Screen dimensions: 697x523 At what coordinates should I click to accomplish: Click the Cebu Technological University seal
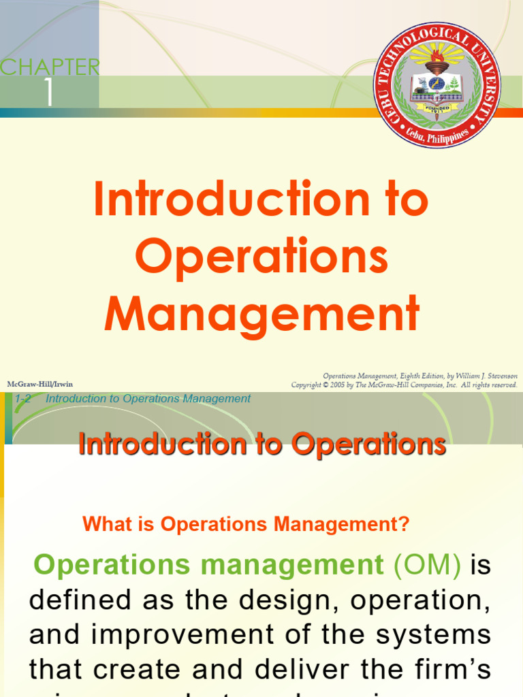pyautogui.click(x=437, y=85)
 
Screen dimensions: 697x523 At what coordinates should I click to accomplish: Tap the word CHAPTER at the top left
pyautogui.click(x=50, y=67)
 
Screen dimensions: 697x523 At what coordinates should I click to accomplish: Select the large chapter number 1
pyautogui.click(x=48, y=94)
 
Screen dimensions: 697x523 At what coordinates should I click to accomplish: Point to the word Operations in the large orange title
pyautogui.click(x=261, y=258)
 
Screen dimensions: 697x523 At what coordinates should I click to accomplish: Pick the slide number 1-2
pyautogui.click(x=24, y=399)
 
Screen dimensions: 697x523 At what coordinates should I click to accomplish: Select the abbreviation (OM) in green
pyautogui.click(x=428, y=565)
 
